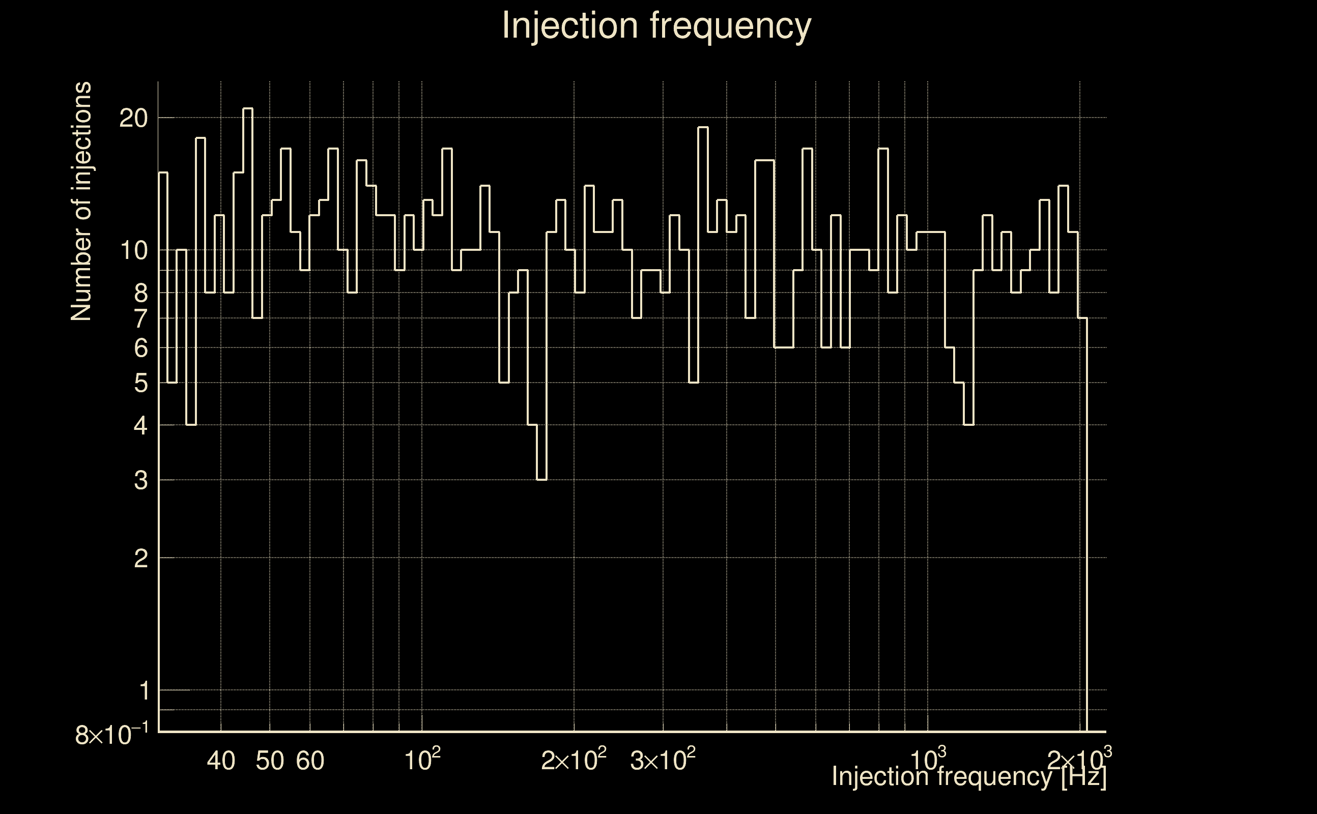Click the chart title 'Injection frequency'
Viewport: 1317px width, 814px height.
(x=656, y=26)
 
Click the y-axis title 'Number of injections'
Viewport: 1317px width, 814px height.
(x=81, y=201)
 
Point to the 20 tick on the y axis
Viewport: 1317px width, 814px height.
(x=133, y=118)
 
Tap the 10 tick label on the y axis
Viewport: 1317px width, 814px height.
(x=133, y=250)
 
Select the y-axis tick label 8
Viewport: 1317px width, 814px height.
(x=140, y=294)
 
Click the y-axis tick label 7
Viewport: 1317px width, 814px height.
(x=140, y=318)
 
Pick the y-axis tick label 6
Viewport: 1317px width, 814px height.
(x=140, y=348)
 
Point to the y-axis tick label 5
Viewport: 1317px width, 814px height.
(x=140, y=383)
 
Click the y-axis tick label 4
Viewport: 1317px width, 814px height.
(x=140, y=426)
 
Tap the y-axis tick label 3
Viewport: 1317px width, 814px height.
(x=140, y=480)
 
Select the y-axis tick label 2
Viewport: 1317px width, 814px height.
(x=140, y=559)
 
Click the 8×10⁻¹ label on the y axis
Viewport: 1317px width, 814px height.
(x=111, y=734)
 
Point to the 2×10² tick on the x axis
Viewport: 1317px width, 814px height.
(x=574, y=759)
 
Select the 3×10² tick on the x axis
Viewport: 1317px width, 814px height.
(x=663, y=759)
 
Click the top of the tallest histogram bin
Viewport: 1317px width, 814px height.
(x=248, y=109)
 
